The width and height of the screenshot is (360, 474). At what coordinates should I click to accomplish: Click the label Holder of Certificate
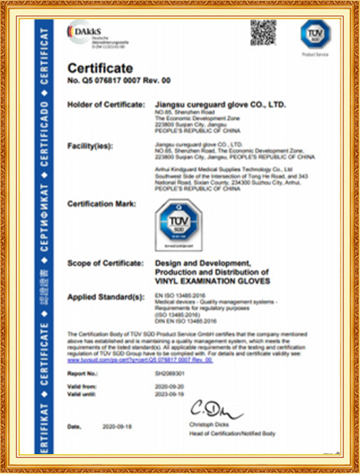[106, 105]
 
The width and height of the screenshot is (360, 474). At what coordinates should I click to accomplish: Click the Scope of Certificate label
[104, 264]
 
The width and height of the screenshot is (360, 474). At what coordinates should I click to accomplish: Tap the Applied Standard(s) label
[105, 296]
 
